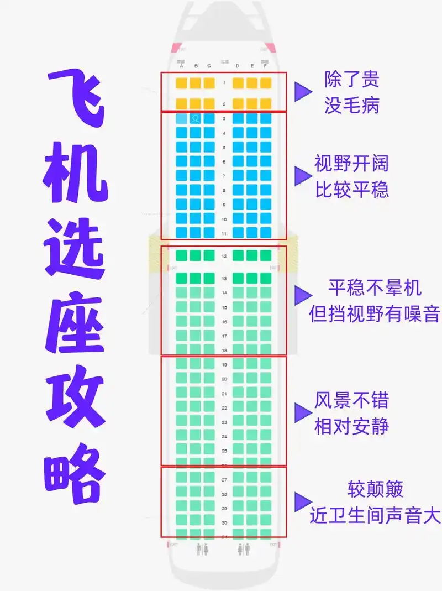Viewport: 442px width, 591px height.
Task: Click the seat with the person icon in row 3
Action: click(x=195, y=118)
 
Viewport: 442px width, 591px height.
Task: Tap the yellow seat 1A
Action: click(x=181, y=83)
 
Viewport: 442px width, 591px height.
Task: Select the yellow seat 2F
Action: click(x=266, y=103)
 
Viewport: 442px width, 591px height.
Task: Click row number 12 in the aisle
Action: click(x=224, y=256)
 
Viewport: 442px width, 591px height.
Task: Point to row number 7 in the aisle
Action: click(x=224, y=176)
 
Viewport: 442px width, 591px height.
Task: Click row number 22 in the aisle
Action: click(x=224, y=408)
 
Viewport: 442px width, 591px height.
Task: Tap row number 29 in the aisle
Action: click(x=224, y=508)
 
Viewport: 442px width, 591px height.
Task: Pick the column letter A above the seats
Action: click(x=181, y=66)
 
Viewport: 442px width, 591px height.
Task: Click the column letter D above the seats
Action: click(x=238, y=66)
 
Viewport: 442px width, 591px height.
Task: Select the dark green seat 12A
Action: click(x=181, y=256)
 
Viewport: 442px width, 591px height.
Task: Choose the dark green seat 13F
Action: click(x=266, y=278)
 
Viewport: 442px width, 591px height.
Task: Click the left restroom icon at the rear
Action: click(x=202, y=549)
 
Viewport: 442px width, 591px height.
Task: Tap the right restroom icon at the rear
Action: click(x=244, y=549)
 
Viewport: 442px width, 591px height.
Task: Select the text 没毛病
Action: click(x=352, y=105)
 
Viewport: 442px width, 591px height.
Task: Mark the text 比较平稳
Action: click(x=352, y=190)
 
